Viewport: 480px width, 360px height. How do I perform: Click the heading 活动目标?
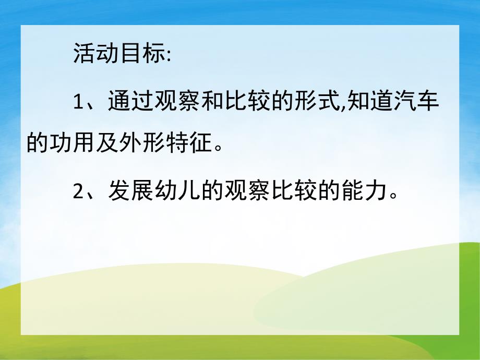tap(118, 55)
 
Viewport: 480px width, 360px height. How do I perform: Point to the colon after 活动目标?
tap(168, 56)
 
